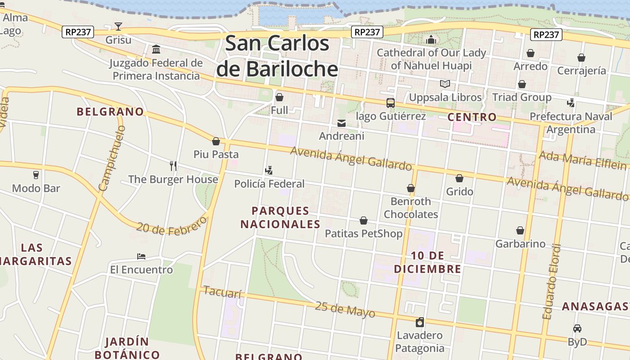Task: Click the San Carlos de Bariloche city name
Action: [x=277, y=56]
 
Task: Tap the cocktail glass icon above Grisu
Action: [x=118, y=27]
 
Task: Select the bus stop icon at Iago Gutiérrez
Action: [x=390, y=103]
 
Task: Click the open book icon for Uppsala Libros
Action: [x=445, y=84]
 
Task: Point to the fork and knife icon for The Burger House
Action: [x=173, y=166]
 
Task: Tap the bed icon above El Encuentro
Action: [x=141, y=256]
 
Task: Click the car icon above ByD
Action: [x=577, y=328]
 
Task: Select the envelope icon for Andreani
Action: [x=342, y=123]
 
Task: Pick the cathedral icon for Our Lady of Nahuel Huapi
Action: [x=431, y=40]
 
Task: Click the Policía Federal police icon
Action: [x=269, y=171]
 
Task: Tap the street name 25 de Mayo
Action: [x=345, y=310]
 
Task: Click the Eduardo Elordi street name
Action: [x=552, y=282]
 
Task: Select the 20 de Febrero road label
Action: [x=171, y=226]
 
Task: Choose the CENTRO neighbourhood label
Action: [x=472, y=117]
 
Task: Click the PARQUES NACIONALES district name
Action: [x=280, y=217]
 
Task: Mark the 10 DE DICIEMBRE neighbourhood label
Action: [x=427, y=262]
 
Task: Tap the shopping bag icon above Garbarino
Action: [x=520, y=230]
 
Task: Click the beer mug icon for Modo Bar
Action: [x=36, y=175]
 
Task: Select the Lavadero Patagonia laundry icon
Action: [x=420, y=322]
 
